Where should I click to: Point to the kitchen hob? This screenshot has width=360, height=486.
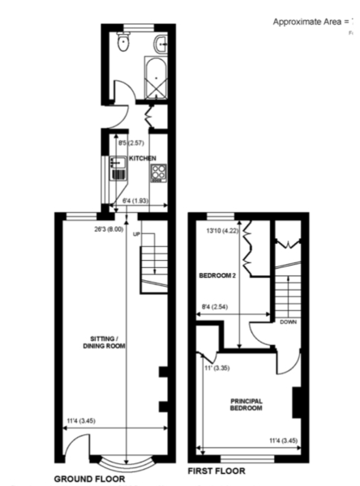point(159,172)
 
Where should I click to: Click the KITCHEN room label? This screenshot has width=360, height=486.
point(143,158)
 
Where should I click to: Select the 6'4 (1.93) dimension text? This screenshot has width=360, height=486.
point(135,198)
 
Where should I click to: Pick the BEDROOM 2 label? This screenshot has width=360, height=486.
point(217,275)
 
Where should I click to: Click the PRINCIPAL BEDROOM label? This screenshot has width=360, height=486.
point(246,404)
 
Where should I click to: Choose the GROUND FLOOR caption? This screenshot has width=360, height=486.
point(88,479)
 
